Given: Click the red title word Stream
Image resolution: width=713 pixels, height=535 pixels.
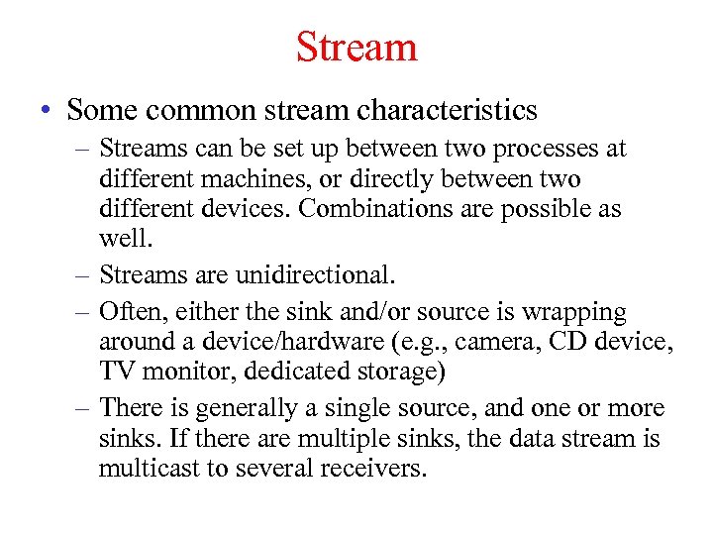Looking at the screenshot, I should point(356,47).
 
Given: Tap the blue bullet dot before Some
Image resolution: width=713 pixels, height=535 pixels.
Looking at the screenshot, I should point(49,110).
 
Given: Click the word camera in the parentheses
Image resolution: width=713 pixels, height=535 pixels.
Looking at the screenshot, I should point(492,343).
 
